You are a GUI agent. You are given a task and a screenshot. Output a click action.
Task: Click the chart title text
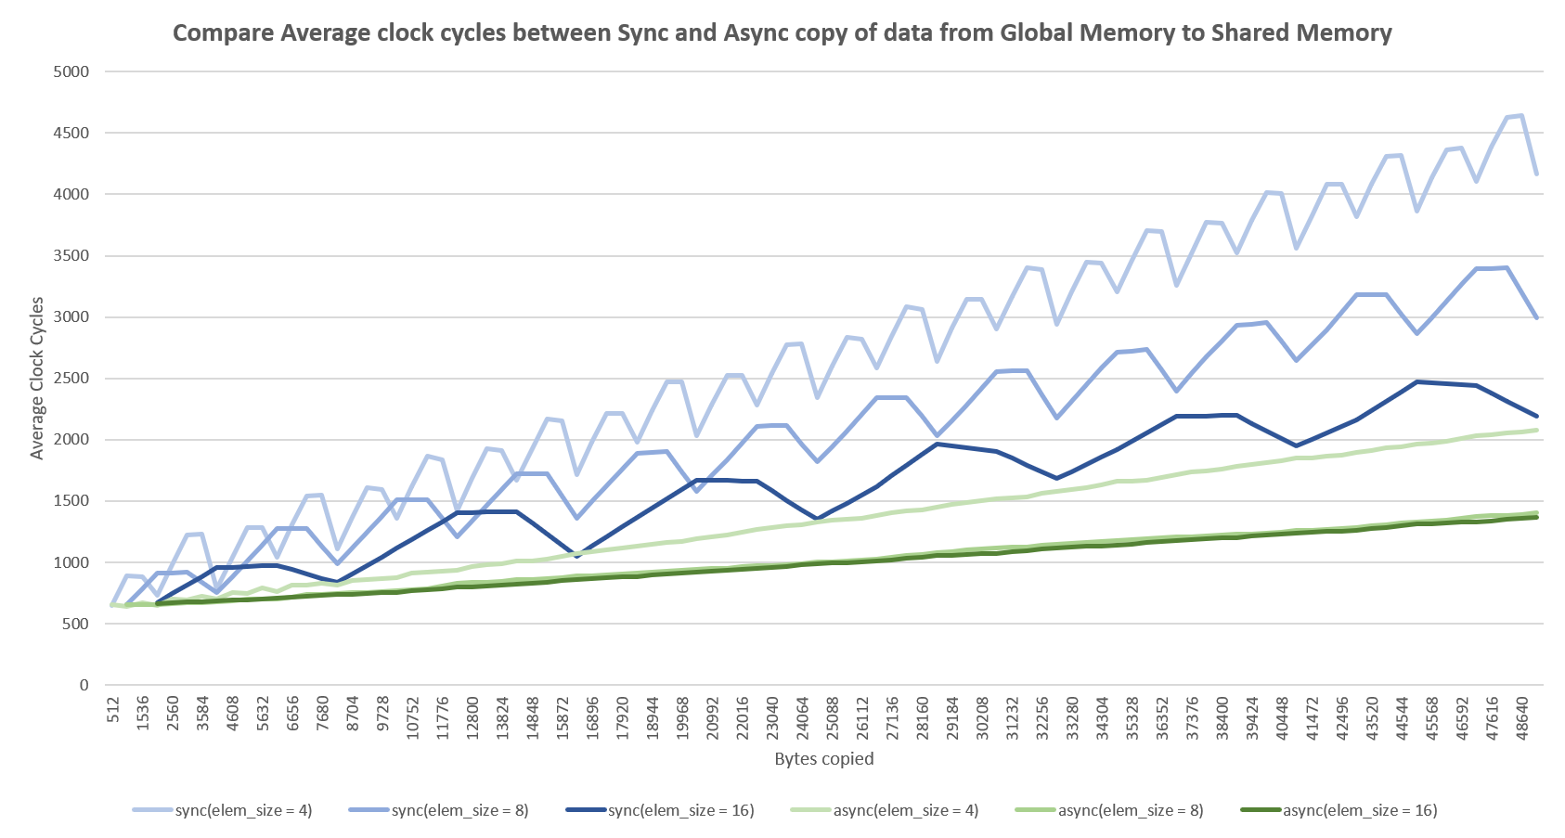[x=782, y=33]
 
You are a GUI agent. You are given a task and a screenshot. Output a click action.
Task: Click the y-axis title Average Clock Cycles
[x=37, y=378]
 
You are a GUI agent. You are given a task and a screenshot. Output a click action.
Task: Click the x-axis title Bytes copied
[x=824, y=758]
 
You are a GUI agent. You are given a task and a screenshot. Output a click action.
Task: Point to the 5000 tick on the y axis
[x=71, y=71]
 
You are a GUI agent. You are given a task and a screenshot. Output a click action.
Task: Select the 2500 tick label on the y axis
[x=71, y=379]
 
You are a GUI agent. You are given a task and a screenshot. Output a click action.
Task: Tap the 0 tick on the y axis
[x=84, y=686]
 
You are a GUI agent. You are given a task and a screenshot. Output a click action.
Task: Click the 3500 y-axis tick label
[x=71, y=256]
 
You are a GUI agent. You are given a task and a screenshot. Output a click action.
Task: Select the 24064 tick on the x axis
[x=801, y=716]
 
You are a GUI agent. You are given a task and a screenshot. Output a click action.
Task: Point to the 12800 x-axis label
[x=472, y=716]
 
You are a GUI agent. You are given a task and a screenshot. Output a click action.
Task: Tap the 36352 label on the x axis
[x=1161, y=716]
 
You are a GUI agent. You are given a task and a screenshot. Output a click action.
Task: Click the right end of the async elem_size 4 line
[x=1537, y=430]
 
